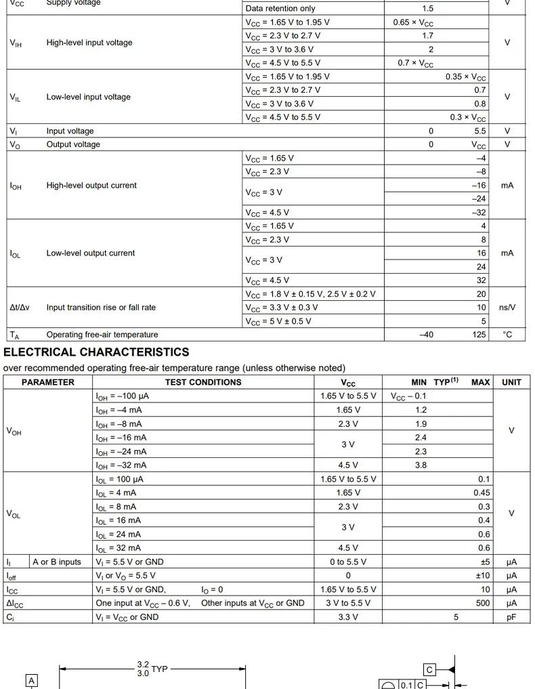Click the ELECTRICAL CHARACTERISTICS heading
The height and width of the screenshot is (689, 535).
tap(96, 352)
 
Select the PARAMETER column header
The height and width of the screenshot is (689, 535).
tap(48, 382)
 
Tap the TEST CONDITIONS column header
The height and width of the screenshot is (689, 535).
tap(203, 382)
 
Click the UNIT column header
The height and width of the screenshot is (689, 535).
tap(511, 382)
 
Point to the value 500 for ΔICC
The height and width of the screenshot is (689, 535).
tap(482, 603)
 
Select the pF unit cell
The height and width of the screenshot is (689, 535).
tap(511, 617)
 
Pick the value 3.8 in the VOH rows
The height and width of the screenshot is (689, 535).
tap(421, 465)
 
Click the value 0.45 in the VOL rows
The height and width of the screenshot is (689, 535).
tap(481, 493)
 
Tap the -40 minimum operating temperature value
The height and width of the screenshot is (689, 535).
tap(426, 335)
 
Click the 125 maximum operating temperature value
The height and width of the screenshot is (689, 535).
tap(479, 335)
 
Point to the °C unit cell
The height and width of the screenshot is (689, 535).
tap(507, 335)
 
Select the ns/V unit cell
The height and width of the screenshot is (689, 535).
tap(507, 308)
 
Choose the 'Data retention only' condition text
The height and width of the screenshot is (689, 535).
tap(280, 9)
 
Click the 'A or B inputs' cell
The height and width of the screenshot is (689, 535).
tap(57, 562)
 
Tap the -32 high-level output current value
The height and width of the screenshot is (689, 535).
tap(479, 213)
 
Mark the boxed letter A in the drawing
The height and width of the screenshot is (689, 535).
tap(31, 680)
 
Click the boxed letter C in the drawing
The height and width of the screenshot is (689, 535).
tap(429, 669)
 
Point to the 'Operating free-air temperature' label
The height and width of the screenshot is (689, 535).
tap(102, 335)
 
